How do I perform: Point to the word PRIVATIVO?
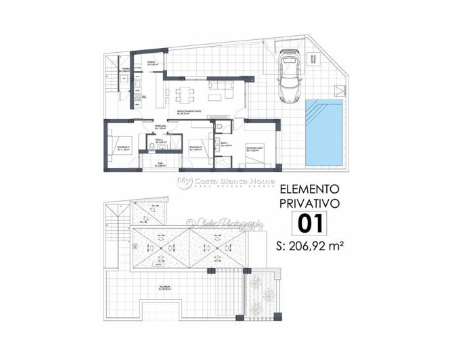(x=310, y=204)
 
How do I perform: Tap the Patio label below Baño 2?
(x=161, y=164)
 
